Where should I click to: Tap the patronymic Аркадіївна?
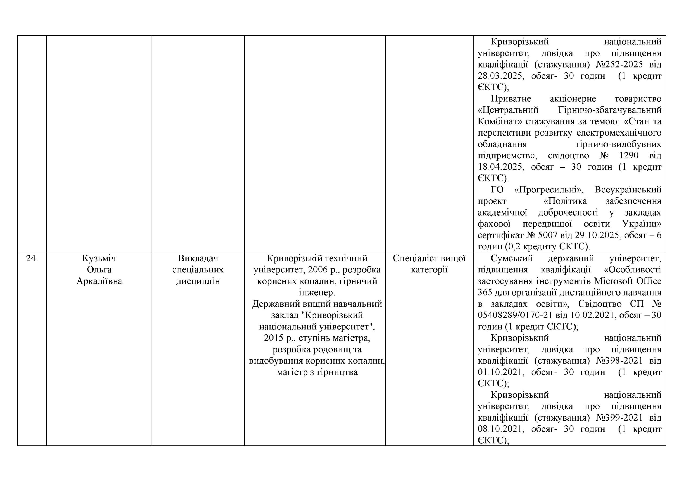(99, 281)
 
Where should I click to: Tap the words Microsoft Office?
(628, 281)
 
